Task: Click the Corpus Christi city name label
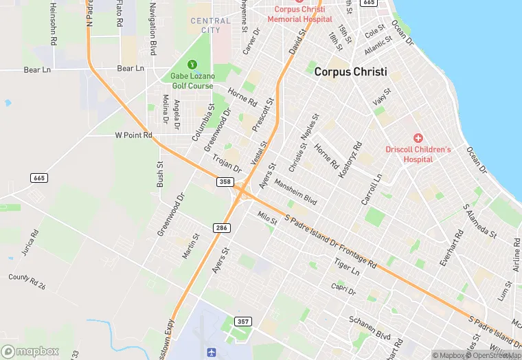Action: pyautogui.click(x=350, y=71)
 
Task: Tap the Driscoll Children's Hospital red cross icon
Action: pyautogui.click(x=418, y=138)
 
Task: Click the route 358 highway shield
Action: pyautogui.click(x=225, y=181)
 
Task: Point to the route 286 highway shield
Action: pyautogui.click(x=220, y=227)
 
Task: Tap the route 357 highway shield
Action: pyautogui.click(x=243, y=321)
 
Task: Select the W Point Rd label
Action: pyautogui.click(x=133, y=135)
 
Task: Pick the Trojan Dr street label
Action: pyautogui.click(x=227, y=164)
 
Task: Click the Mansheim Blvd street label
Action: pyautogui.click(x=295, y=192)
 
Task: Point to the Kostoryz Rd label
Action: pyautogui.click(x=350, y=160)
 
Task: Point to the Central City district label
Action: pyautogui.click(x=210, y=25)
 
